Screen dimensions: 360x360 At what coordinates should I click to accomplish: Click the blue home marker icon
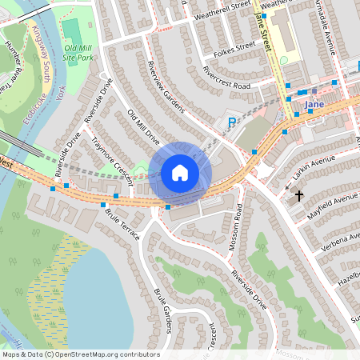(180, 172)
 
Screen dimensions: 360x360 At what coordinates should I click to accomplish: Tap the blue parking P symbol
(232, 122)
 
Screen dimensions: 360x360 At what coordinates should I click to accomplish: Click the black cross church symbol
(299, 195)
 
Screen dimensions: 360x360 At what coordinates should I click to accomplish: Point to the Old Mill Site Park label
(79, 53)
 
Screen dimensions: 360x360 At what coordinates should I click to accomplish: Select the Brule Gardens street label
(163, 307)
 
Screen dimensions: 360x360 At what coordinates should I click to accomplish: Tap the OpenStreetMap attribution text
(81, 354)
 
